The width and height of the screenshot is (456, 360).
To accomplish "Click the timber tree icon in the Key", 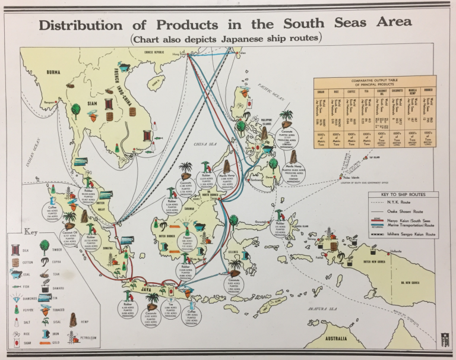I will tap(46, 245).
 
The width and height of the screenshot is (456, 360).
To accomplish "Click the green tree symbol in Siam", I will tap(75, 110).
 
